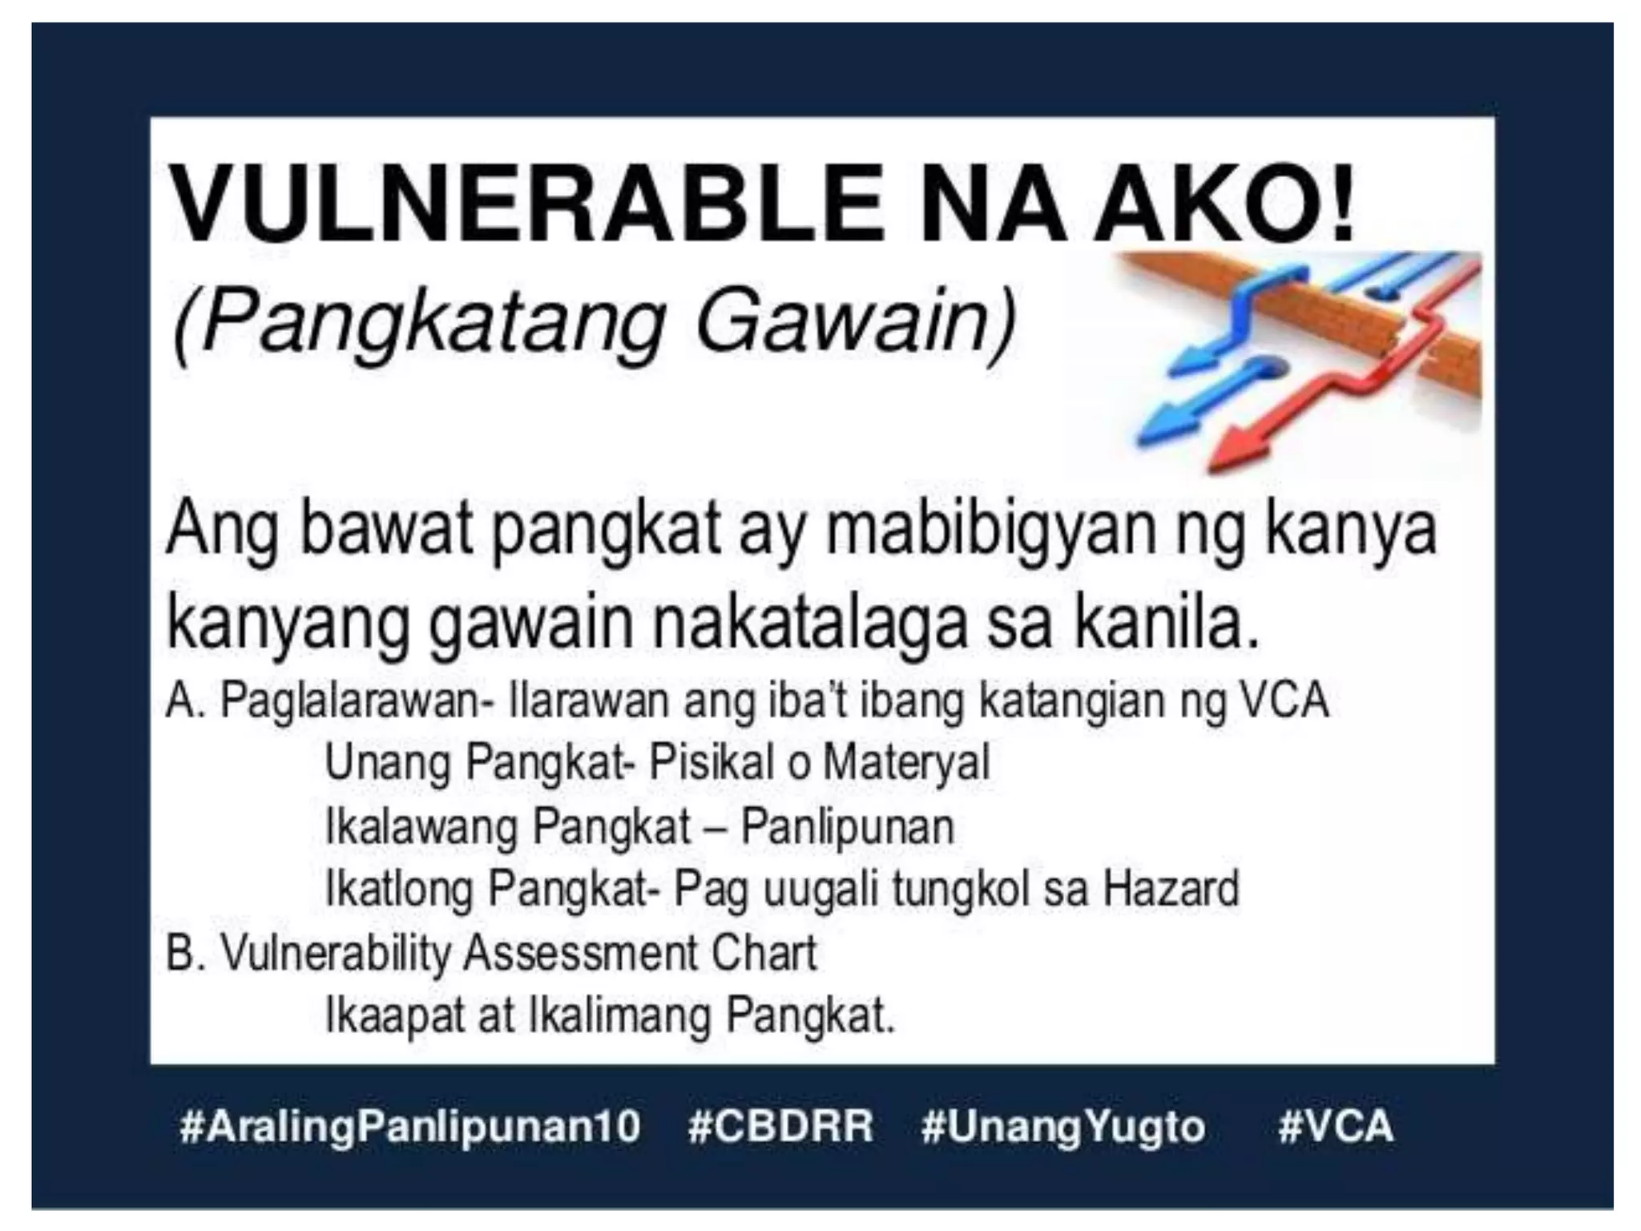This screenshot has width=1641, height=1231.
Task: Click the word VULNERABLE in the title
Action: click(x=529, y=202)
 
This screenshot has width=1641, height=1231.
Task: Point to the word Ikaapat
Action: click(x=393, y=1017)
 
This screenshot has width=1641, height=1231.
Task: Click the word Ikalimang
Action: click(x=618, y=1015)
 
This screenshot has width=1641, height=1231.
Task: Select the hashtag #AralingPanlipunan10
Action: click(x=410, y=1126)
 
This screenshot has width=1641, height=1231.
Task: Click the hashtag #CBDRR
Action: click(x=780, y=1126)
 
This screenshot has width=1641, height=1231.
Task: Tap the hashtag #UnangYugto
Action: click(x=1063, y=1126)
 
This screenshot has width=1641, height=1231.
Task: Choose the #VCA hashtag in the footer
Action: click(x=1336, y=1126)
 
